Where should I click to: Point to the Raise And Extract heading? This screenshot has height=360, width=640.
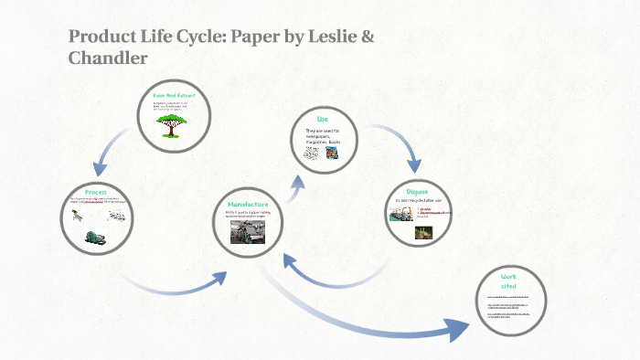(174, 96)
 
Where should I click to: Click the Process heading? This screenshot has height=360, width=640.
(96, 191)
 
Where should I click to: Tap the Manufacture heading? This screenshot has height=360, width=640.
(248, 204)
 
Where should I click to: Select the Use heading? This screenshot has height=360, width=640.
(322, 120)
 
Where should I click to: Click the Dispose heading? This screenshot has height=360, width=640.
(418, 191)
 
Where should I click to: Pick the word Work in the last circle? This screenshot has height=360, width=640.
(509, 276)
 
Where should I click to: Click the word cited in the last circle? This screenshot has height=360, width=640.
(509, 287)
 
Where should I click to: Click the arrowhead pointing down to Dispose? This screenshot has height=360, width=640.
(414, 165)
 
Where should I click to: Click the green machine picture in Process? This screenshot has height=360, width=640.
(94, 234)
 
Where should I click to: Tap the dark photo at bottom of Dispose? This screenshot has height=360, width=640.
(423, 233)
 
